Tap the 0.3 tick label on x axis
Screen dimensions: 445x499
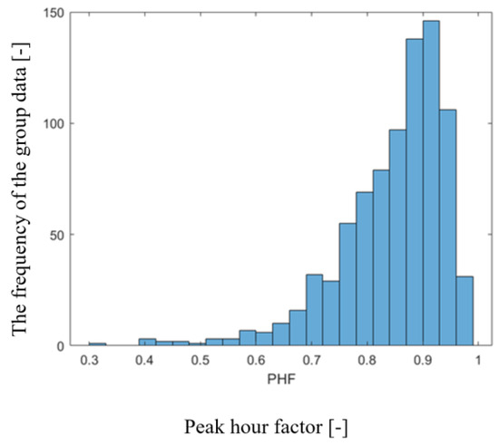(x=89, y=362)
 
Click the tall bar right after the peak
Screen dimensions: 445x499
(x=447, y=227)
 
